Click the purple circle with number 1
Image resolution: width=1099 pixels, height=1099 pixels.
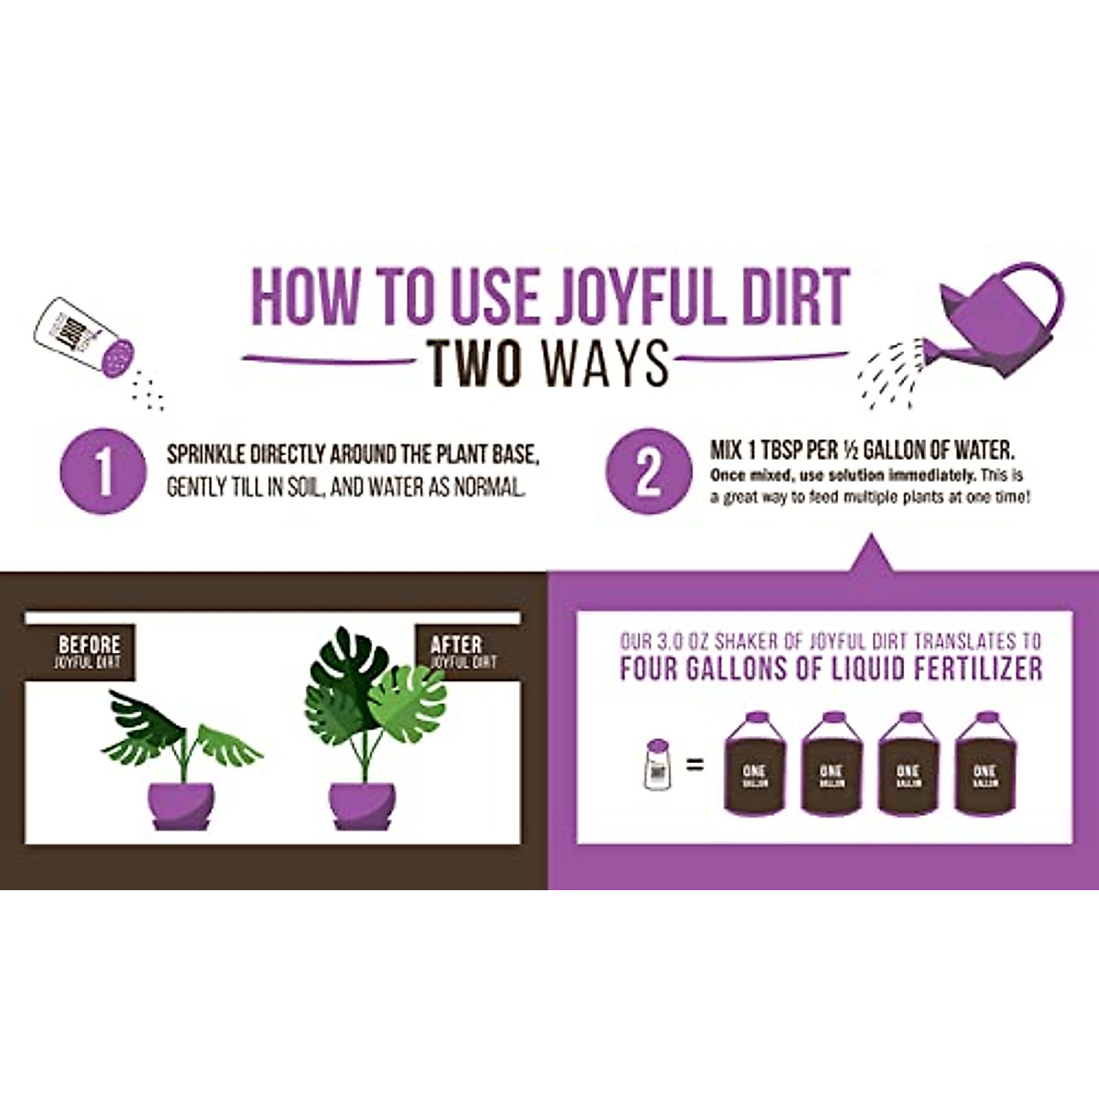[x=103, y=473]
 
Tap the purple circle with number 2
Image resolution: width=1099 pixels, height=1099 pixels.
[x=648, y=473]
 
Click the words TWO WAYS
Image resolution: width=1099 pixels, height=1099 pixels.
[x=549, y=363]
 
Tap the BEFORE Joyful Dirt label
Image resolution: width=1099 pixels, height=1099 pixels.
[x=88, y=651]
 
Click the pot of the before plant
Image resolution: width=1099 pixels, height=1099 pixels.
[x=181, y=804]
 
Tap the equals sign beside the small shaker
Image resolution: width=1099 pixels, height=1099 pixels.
[x=695, y=764]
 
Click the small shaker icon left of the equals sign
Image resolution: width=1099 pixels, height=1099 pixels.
[x=658, y=764]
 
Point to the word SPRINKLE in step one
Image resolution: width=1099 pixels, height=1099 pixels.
[x=206, y=455]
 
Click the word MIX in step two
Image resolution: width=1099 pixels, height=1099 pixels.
[x=725, y=451]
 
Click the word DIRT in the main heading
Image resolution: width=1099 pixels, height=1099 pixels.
[x=793, y=296]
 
